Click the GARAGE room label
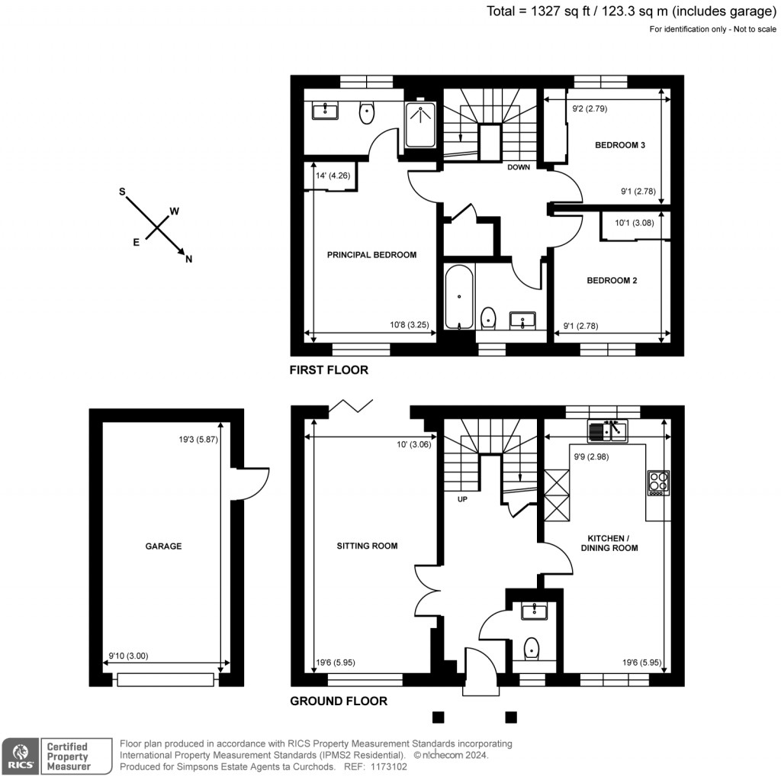(164, 546)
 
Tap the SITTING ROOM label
(368, 546)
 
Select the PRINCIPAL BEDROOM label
(371, 255)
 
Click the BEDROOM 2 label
(612, 280)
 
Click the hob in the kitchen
(658, 482)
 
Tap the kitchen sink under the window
(607, 431)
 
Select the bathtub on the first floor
(460, 297)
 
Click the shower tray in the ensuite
(419, 124)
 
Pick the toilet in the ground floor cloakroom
(532, 649)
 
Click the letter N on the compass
(188, 260)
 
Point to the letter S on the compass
(121, 192)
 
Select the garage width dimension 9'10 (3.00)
(127, 655)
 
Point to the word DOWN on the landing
(519, 167)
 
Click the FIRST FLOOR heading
(329, 370)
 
